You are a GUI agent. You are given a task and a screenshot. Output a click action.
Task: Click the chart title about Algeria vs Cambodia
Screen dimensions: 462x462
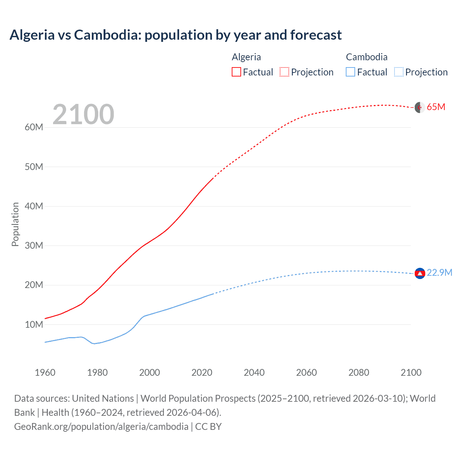click(175, 35)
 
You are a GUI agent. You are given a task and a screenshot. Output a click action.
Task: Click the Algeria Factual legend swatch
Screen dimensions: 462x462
click(236, 72)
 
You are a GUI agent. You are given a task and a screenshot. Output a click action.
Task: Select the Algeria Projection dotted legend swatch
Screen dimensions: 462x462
click(284, 72)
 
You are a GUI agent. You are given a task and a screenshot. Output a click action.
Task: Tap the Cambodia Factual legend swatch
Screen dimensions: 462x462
click(350, 72)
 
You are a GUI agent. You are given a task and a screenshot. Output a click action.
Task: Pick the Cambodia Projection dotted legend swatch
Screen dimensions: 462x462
click(398, 72)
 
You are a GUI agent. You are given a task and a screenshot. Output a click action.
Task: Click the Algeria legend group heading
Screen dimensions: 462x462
click(246, 57)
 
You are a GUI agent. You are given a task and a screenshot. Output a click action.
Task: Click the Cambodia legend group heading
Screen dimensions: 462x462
click(366, 57)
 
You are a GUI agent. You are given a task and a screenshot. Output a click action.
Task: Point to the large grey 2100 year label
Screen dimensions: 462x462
click(83, 114)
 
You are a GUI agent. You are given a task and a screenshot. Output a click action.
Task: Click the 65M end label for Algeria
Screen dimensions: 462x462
click(436, 107)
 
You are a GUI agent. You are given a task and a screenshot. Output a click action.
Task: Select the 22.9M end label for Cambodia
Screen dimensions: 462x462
click(439, 273)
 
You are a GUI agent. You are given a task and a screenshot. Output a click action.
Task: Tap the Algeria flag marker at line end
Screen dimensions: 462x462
click(420, 107)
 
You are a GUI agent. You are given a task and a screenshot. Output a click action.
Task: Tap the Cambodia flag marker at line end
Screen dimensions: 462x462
click(420, 274)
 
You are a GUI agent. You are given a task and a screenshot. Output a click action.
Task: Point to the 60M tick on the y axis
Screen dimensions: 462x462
click(34, 127)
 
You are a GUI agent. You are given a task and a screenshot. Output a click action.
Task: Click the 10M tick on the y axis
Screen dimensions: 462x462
click(34, 324)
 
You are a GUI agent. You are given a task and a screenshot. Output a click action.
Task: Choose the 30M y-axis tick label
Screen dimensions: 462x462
click(34, 246)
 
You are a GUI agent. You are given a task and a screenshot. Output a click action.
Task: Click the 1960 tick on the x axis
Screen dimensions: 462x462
click(45, 372)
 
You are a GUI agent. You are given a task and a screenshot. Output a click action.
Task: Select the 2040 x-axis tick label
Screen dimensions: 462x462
click(254, 372)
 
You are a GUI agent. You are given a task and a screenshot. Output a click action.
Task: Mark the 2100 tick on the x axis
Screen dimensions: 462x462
click(411, 372)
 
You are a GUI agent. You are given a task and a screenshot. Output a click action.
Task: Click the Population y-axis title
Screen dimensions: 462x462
click(15, 224)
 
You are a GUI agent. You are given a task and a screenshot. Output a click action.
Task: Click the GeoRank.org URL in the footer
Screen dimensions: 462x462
click(101, 427)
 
